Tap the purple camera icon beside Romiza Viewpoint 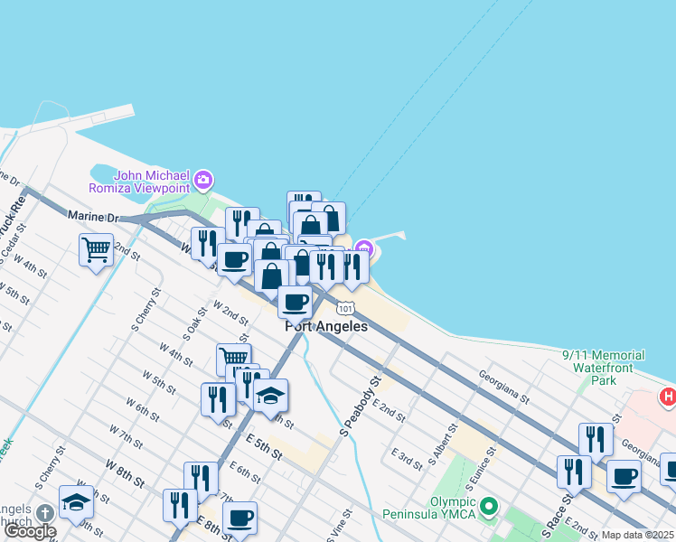coord(203,180)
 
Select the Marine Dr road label coord(93,217)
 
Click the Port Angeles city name coord(326,326)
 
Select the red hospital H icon coord(668,396)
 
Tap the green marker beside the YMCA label coord(489,506)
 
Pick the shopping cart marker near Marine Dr coord(96,248)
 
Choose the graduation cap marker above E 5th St coord(269,396)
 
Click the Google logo coord(30,531)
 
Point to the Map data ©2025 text coord(637,535)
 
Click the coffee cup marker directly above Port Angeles coord(295,301)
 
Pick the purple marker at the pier coord(363,248)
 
